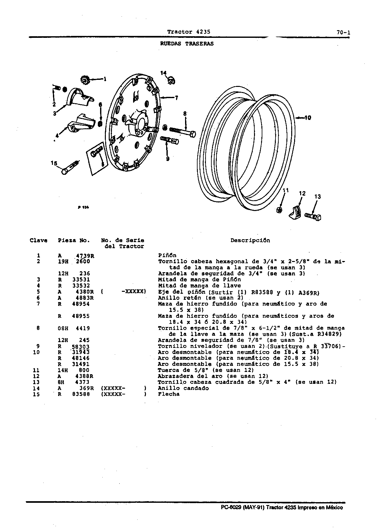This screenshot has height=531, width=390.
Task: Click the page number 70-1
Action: (x=343, y=33)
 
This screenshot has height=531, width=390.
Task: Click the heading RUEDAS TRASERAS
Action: (x=187, y=44)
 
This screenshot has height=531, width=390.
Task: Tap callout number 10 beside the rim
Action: (x=308, y=118)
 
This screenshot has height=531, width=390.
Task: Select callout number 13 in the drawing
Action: (x=318, y=197)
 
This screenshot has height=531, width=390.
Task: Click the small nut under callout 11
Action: (x=280, y=210)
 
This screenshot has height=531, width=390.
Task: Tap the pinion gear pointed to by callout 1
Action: (x=84, y=80)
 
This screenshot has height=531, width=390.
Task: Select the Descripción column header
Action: (x=250, y=240)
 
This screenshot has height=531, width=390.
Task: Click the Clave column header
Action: (x=38, y=240)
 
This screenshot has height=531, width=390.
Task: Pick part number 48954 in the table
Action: (x=81, y=304)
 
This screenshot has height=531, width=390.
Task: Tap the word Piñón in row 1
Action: (x=167, y=255)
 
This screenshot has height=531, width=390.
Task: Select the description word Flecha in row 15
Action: (x=169, y=394)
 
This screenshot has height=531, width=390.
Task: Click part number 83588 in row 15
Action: (x=81, y=394)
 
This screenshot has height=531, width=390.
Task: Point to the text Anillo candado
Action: (x=183, y=388)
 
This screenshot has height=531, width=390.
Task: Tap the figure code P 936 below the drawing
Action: (x=83, y=207)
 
